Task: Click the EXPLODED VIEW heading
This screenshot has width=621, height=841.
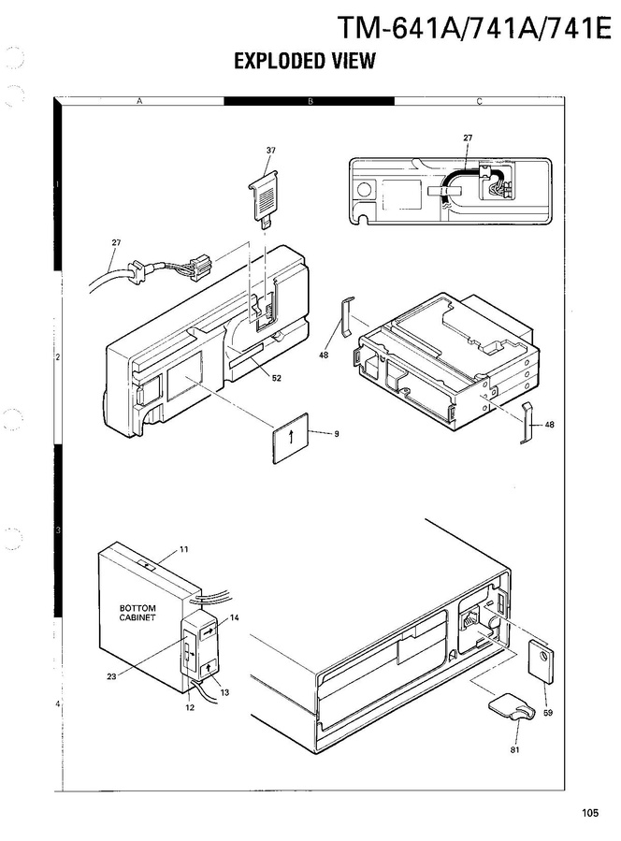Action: click(305, 61)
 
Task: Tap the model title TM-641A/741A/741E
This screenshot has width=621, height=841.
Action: click(474, 27)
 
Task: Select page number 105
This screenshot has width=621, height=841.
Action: click(590, 813)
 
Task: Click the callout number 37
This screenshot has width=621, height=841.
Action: click(271, 151)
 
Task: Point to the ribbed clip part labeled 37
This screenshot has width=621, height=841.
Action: click(265, 199)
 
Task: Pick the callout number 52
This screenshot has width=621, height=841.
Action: click(276, 378)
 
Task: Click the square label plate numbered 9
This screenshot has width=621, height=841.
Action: click(290, 437)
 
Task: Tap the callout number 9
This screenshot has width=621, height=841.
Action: click(337, 434)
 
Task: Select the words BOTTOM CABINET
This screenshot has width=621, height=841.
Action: click(137, 613)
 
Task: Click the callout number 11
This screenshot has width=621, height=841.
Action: click(184, 549)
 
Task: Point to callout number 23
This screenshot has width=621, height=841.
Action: click(111, 676)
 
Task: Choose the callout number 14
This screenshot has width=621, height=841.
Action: click(235, 617)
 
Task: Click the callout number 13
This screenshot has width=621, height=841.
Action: click(224, 692)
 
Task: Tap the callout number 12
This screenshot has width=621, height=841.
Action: click(190, 707)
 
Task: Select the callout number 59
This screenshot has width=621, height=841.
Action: click(547, 713)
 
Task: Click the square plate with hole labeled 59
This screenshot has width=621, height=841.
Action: click(542, 661)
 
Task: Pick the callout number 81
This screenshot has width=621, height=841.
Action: click(514, 750)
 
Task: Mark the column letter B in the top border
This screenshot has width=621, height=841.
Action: click(310, 101)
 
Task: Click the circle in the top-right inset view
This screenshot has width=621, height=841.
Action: click(364, 191)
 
